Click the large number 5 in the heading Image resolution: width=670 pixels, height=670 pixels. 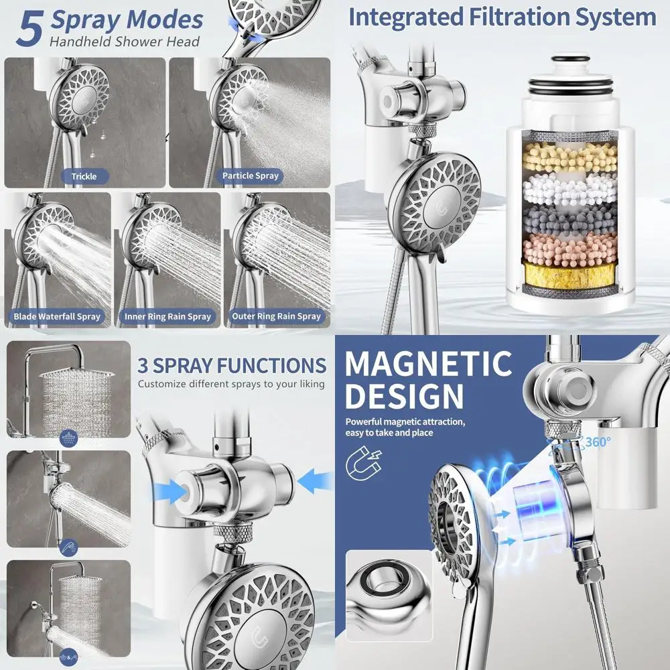pyautogui.click(x=29, y=29)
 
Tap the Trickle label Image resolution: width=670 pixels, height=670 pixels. pyautogui.click(x=84, y=176)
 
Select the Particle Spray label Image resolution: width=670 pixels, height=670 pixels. pyautogui.click(x=251, y=176)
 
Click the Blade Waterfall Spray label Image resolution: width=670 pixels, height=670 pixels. pyautogui.click(x=57, y=316)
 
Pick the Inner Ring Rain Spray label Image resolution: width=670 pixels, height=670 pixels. pyautogui.click(x=167, y=316)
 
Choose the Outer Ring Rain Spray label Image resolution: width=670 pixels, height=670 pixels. pyautogui.click(x=276, y=316)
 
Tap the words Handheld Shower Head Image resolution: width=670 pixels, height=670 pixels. pyautogui.click(x=125, y=42)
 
